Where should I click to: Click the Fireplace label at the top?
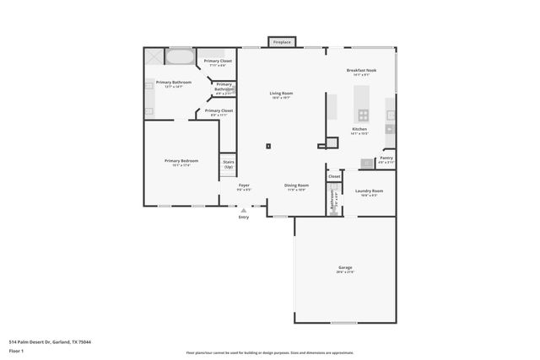coord(282,41)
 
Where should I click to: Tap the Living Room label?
coord(281,94)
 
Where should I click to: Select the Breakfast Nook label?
coord(361,70)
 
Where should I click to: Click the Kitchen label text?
coord(359,129)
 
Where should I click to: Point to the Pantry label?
coord(386,158)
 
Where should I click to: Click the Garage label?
coord(346,267)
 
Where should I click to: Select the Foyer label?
coord(244,185)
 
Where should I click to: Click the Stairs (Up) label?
coord(228,164)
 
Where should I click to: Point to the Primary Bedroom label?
coord(181,160)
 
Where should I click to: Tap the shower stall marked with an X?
coord(154,56)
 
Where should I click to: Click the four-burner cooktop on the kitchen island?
coord(363,115)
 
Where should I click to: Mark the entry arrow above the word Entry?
coord(244,211)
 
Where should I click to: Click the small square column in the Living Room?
coord(268,146)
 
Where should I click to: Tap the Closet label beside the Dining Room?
coord(334,176)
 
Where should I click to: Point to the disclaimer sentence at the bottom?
coord(269,353)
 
